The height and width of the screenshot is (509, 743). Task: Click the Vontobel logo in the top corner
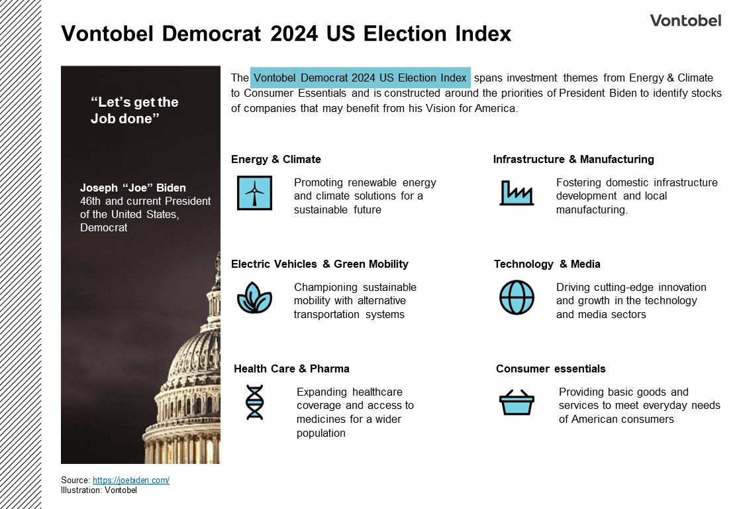685,21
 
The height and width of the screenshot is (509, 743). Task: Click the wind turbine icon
254,193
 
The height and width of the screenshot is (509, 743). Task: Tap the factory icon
516,193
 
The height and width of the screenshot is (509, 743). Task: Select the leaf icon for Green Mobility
254,298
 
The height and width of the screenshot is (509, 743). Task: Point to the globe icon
517,298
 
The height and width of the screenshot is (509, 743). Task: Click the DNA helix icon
254,402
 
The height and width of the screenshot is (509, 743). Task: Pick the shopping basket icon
517,402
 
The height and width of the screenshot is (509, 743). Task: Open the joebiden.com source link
131,480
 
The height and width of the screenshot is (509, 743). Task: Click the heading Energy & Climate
275,159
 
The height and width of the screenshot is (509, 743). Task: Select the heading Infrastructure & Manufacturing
573,159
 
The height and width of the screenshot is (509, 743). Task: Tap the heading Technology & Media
547,264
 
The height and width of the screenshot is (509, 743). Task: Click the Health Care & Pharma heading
291,368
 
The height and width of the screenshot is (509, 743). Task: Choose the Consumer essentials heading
550,368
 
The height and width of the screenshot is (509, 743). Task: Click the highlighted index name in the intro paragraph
360,78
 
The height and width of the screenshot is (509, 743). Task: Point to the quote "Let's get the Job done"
134,110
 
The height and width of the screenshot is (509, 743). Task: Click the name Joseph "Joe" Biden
133,188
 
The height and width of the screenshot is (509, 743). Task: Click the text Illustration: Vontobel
99,490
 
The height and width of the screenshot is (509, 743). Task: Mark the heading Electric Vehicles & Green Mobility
319,264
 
